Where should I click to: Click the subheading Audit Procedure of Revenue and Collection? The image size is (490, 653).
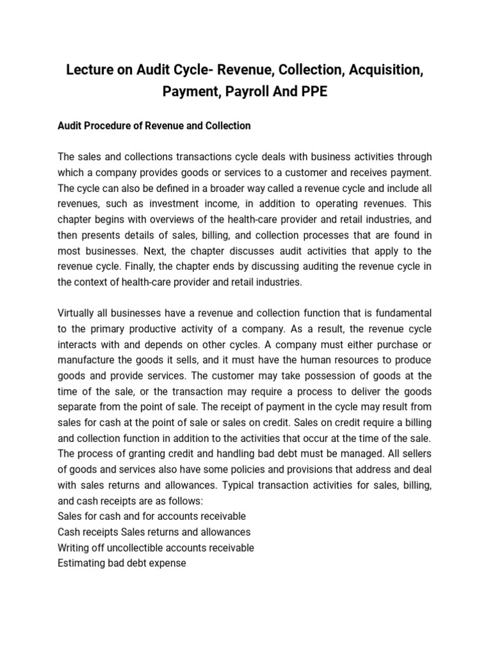[x=154, y=126]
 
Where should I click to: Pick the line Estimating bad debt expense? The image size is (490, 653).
[x=122, y=563]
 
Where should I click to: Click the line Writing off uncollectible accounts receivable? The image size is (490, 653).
[x=156, y=547]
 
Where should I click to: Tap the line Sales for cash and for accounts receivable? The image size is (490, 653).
[x=151, y=516]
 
